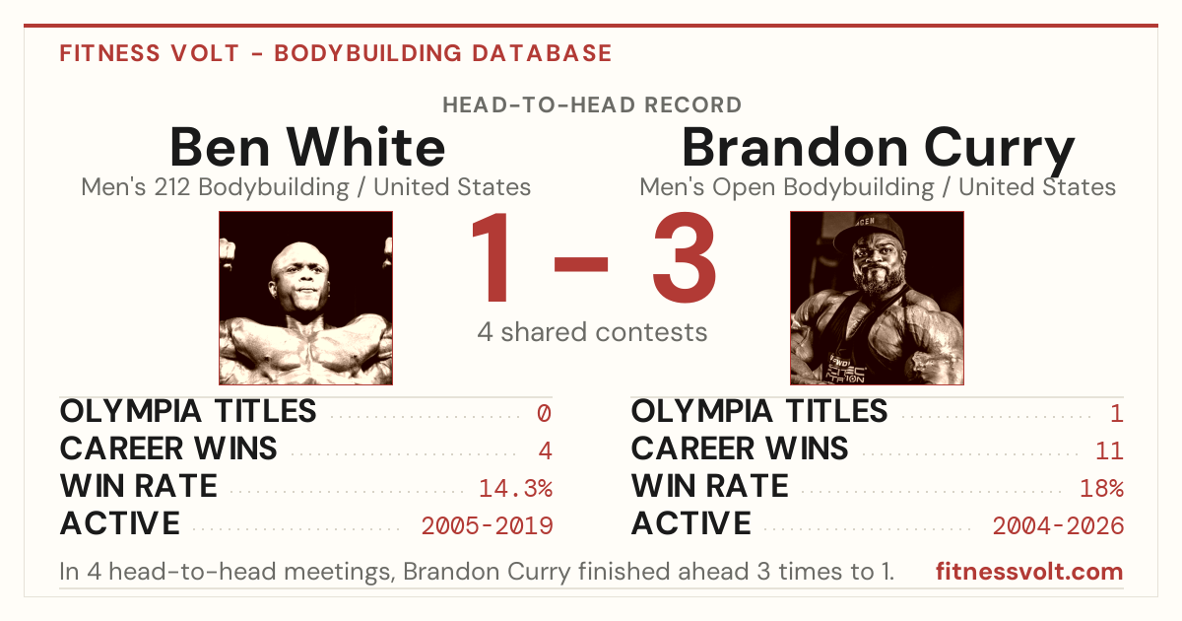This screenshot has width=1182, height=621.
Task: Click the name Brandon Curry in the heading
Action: point(878,150)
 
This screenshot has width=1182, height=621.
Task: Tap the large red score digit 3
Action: point(685,257)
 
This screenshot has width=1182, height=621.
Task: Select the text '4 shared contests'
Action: point(592,333)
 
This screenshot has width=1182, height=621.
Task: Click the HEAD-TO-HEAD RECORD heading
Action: point(592,105)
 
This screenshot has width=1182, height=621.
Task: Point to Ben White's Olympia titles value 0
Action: point(544,413)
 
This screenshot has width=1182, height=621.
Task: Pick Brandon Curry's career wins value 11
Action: point(1109,451)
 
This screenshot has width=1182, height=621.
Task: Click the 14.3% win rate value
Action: point(515,489)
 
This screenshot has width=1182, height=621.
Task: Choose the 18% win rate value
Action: point(1102,489)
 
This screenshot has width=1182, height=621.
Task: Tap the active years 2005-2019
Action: point(487,526)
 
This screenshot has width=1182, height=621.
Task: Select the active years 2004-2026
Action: point(1058,526)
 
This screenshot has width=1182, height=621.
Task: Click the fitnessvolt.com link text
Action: point(1029,572)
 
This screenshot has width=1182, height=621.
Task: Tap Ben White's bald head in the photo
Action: point(299,258)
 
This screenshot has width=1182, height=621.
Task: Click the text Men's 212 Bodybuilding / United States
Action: point(306,187)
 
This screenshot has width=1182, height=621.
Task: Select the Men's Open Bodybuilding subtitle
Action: point(878,188)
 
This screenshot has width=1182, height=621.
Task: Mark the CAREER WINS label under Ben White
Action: point(168,448)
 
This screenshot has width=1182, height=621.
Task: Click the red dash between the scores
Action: point(581,264)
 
